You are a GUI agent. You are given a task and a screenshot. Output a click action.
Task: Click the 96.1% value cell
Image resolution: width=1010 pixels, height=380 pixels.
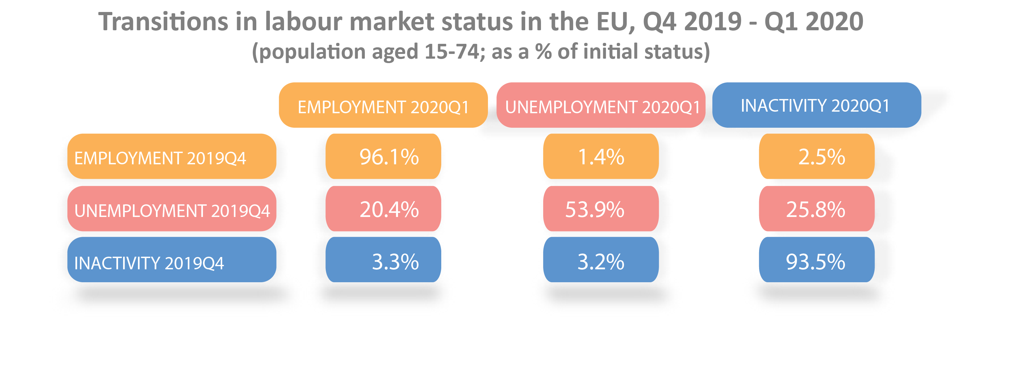point(383,156)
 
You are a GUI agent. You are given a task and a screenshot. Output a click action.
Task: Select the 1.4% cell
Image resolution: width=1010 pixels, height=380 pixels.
point(601,156)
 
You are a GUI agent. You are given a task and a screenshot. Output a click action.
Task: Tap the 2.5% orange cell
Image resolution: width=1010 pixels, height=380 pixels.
point(817,156)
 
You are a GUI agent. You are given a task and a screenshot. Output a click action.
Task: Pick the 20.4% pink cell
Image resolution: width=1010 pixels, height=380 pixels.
point(383,209)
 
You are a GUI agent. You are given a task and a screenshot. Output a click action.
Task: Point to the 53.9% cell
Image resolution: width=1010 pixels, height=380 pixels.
point(601,209)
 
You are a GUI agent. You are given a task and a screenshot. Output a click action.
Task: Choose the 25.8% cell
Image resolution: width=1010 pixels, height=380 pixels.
point(817,209)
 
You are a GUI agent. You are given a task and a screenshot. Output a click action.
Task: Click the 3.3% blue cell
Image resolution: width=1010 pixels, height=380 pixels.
point(383,260)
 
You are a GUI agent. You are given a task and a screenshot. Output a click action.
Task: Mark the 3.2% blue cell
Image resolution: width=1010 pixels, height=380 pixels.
point(601,260)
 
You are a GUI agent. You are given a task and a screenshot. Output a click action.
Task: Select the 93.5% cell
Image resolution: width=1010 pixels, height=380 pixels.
point(817,260)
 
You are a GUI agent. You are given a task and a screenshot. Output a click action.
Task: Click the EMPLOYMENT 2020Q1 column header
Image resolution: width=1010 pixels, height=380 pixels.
point(383,106)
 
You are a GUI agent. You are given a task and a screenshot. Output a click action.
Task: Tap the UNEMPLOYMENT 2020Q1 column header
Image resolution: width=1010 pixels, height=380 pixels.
point(601,106)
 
